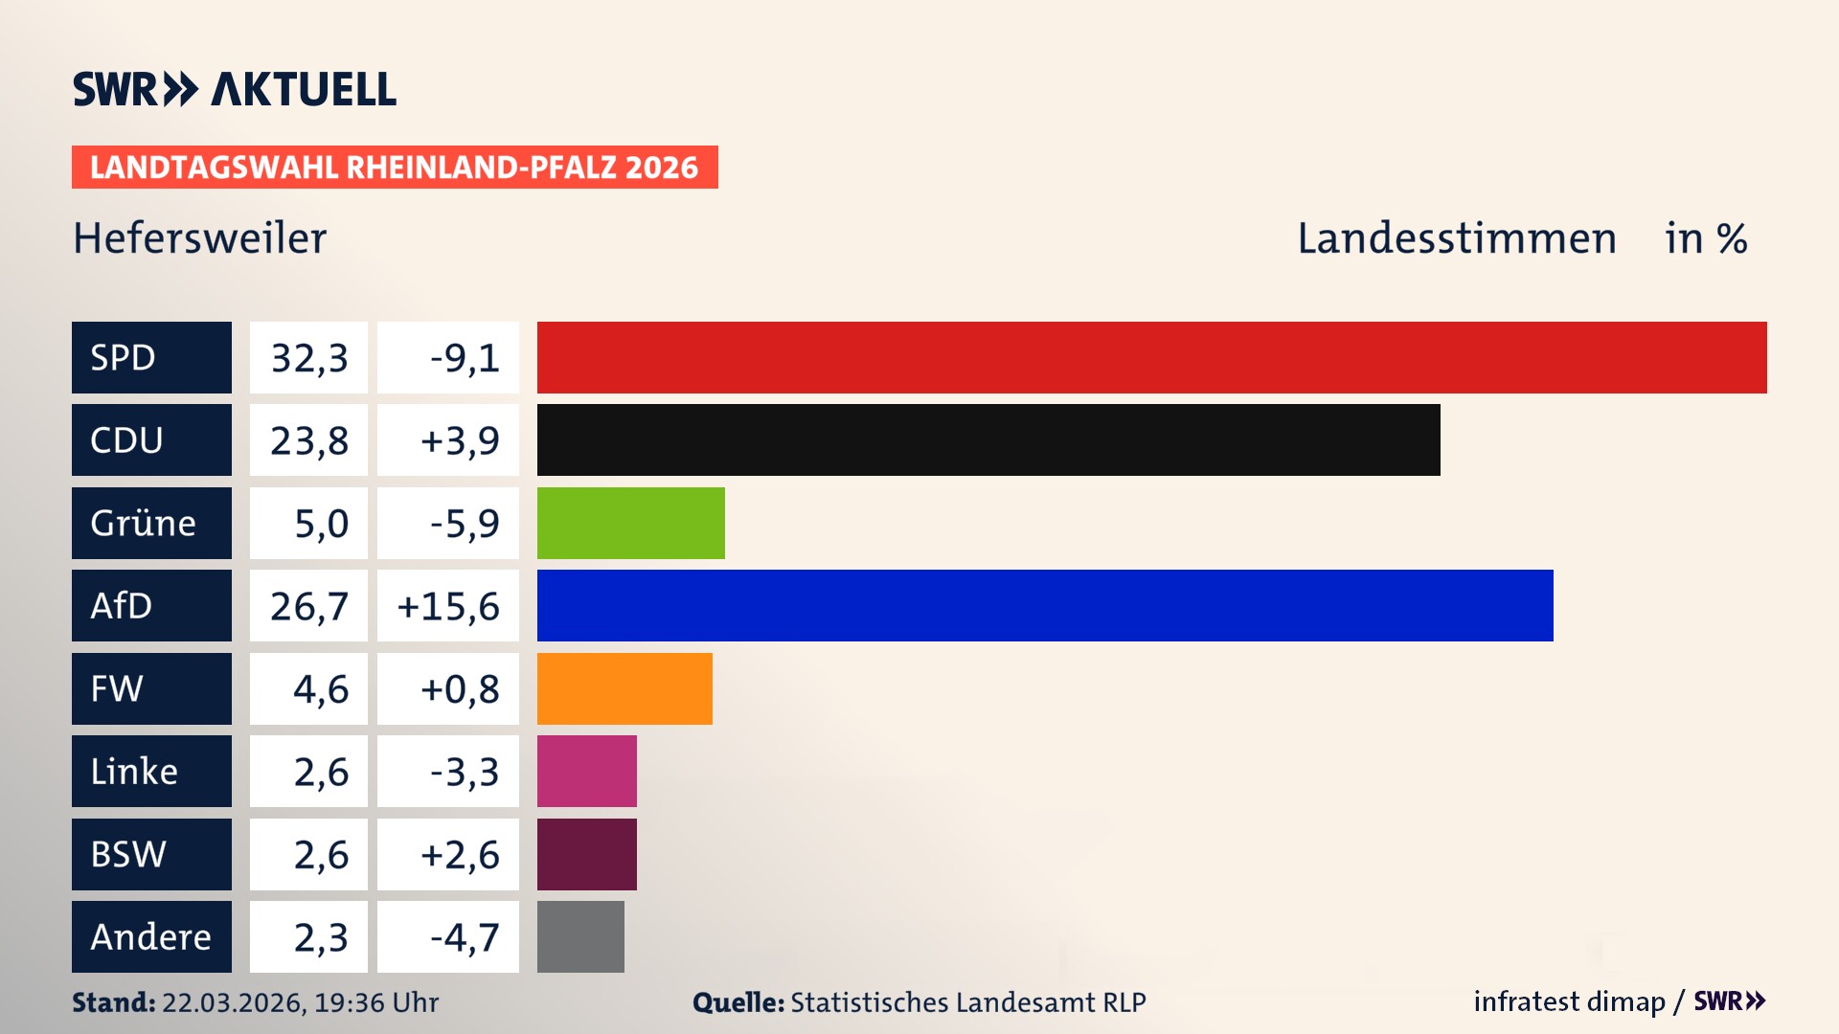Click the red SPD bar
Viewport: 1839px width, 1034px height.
(1151, 357)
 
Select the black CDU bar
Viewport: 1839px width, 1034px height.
(988, 439)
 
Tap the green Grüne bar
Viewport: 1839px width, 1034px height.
(630, 523)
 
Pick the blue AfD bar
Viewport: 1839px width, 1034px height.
(1045, 605)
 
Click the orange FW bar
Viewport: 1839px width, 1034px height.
(624, 688)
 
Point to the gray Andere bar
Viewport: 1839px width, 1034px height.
(580, 936)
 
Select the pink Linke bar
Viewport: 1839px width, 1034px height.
(586, 771)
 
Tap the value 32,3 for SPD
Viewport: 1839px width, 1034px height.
(308, 358)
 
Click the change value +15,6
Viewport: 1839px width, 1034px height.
(448, 606)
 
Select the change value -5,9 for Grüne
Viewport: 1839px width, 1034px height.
(464, 524)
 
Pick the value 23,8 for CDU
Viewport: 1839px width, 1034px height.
(308, 440)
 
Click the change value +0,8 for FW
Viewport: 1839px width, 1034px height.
(460, 689)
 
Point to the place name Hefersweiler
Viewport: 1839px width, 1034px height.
(199, 238)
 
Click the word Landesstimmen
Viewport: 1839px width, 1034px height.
(1456, 238)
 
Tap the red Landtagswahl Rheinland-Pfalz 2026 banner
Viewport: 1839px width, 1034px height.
(395, 168)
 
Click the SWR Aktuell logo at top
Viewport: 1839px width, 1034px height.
(234, 89)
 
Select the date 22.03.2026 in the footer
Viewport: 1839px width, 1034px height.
(233, 1002)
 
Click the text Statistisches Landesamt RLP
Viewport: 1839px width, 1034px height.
(967, 1002)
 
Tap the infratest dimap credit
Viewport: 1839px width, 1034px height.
(1569, 1001)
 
